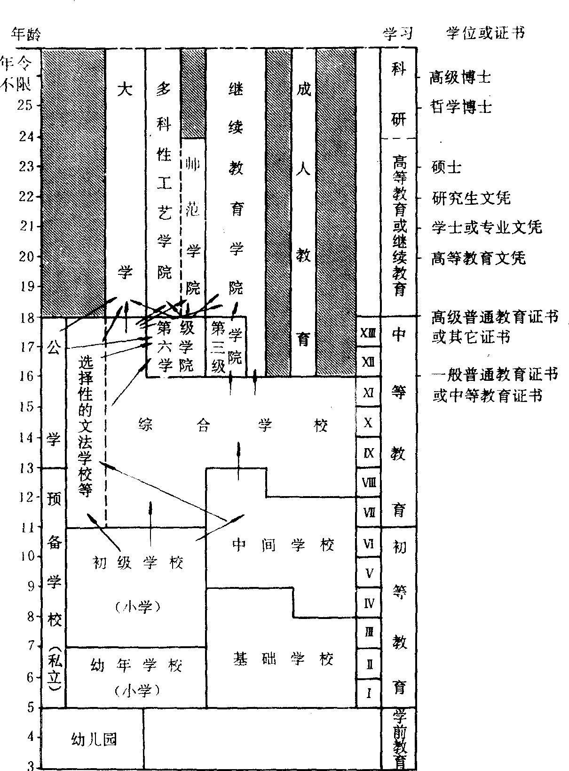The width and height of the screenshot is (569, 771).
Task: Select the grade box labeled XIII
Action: pyautogui.click(x=368, y=332)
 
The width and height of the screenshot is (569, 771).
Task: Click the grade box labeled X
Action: pyautogui.click(x=368, y=422)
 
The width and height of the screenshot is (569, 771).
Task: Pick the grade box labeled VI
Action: pyautogui.click(x=368, y=543)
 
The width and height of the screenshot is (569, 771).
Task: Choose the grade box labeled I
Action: pyautogui.click(x=368, y=693)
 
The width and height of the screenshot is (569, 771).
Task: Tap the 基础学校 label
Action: pyautogui.click(x=283, y=659)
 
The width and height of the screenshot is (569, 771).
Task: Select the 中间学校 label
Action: pyautogui.click(x=283, y=545)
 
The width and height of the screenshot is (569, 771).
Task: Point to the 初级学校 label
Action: pyautogui.click(x=137, y=562)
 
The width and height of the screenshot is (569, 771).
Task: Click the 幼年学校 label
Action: pyautogui.click(x=136, y=666)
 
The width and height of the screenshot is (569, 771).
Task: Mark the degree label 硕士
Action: pyautogui.click(x=446, y=167)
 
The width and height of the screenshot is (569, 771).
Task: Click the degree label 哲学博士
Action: pyautogui.click(x=461, y=107)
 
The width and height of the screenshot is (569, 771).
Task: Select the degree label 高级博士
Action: pyautogui.click(x=459, y=77)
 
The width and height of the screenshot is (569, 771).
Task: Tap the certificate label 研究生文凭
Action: pyautogui.click(x=471, y=198)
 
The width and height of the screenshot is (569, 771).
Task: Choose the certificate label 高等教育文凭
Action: pyautogui.click(x=478, y=258)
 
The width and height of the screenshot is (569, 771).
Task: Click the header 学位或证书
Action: pyautogui.click(x=485, y=33)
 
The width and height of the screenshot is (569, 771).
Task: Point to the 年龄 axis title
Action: pyautogui.click(x=25, y=34)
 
